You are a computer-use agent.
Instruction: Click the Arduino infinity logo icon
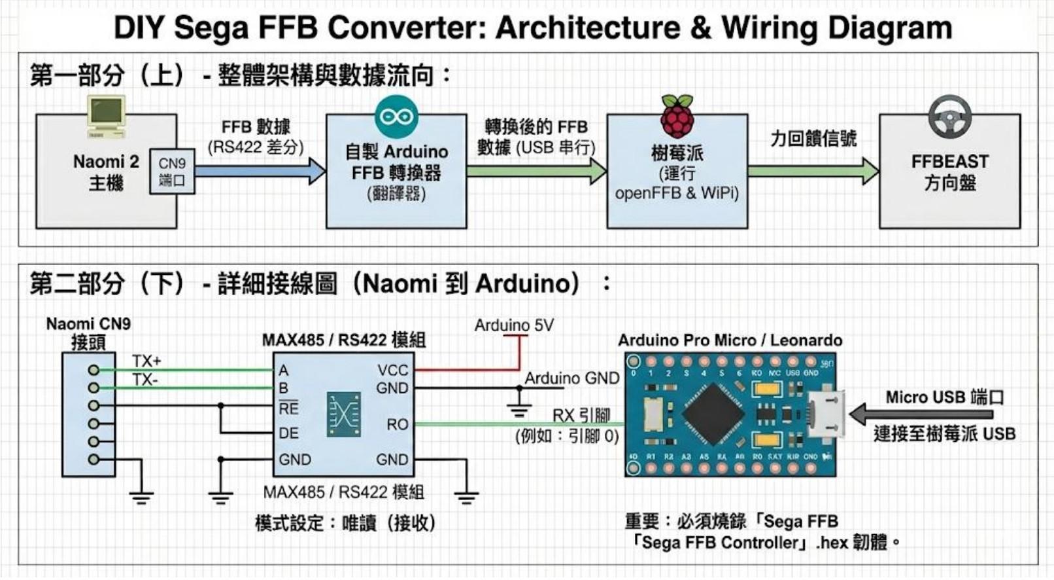(x=396, y=117)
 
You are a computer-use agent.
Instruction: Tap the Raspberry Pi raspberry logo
(x=677, y=115)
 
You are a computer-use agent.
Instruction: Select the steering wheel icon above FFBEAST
(x=949, y=116)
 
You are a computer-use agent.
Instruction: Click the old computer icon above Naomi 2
(x=106, y=116)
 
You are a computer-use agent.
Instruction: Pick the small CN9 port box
(x=172, y=172)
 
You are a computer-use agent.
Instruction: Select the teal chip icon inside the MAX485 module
(x=344, y=414)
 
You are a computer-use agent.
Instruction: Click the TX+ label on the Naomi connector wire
(x=146, y=361)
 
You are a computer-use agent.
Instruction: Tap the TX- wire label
(x=144, y=380)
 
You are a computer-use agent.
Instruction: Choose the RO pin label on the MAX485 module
(x=397, y=424)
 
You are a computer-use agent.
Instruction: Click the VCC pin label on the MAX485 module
(x=392, y=370)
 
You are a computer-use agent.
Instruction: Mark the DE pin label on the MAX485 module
(x=288, y=433)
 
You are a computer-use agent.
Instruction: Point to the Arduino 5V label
(x=514, y=325)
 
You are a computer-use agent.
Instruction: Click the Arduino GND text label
(x=571, y=378)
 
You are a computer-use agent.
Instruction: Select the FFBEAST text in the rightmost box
(x=949, y=161)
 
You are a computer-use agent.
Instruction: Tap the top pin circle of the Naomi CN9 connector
(x=93, y=370)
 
